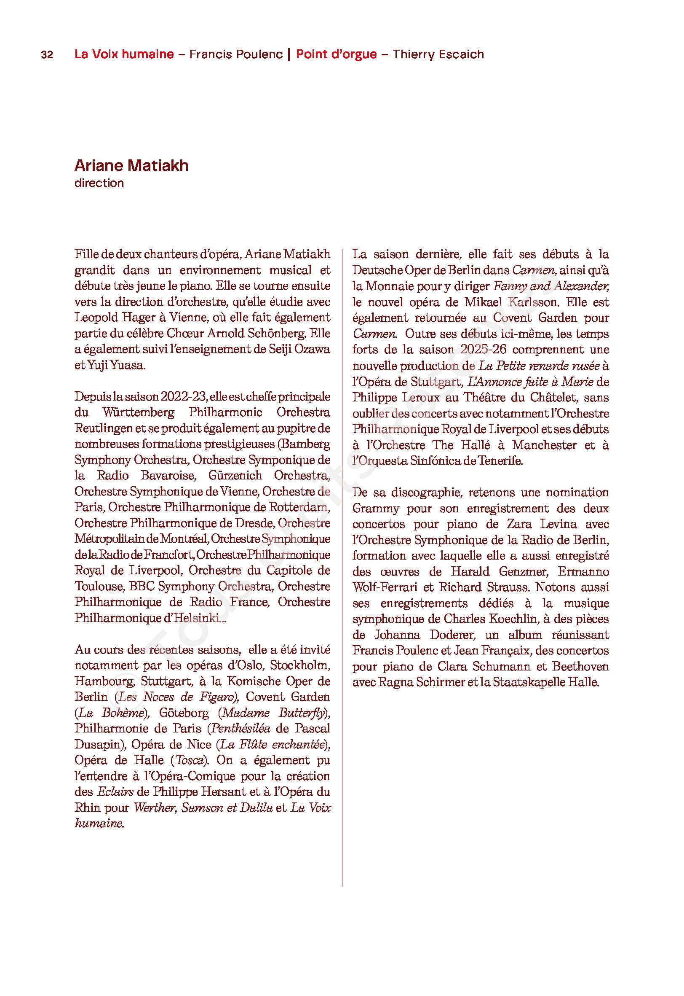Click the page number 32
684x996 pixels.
tap(47, 54)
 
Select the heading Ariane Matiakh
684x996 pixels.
tap(131, 165)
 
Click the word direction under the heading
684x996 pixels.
tap(99, 183)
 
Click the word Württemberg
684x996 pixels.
tap(139, 412)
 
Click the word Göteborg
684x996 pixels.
tap(184, 713)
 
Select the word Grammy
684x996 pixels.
tap(375, 508)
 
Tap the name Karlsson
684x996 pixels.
tap(533, 302)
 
